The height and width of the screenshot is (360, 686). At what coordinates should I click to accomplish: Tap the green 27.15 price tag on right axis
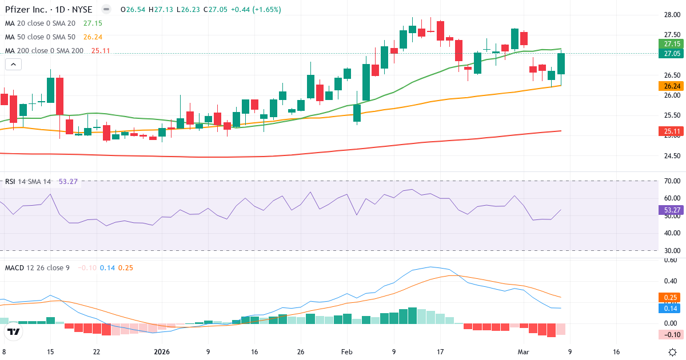coord(672,44)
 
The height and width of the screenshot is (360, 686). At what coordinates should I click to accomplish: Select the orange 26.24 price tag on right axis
coord(672,86)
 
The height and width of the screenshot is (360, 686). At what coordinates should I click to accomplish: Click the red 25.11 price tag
coord(672,132)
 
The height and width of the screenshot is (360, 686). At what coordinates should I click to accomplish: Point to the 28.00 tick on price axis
coord(672,15)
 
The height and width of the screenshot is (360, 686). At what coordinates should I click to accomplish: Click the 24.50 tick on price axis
coord(672,155)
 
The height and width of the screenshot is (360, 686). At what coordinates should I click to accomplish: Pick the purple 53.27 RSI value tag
coord(672,210)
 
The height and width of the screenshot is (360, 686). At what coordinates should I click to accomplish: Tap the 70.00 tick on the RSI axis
coord(672,181)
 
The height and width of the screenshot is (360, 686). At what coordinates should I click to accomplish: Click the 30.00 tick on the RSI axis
coord(672,250)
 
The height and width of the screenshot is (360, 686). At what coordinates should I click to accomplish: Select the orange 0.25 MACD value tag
coord(672,297)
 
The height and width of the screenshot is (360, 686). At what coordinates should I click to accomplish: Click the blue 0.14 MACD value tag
coord(672,308)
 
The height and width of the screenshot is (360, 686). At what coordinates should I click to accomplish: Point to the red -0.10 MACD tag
coord(672,334)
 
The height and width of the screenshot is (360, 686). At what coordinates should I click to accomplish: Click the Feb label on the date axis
coord(347,352)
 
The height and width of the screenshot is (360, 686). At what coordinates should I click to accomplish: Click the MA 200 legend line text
coord(44,50)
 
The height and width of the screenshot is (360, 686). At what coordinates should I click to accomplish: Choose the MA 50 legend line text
coord(40,37)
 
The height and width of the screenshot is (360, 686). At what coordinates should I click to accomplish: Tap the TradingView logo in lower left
coord(14,331)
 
